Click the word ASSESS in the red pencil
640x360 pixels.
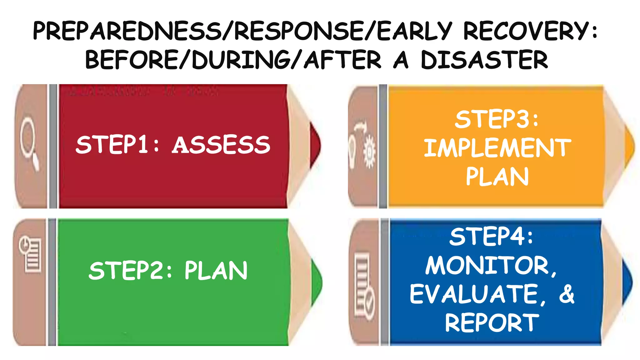click(x=221, y=145)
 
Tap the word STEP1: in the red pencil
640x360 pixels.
click(x=117, y=145)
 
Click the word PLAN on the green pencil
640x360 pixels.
click(x=216, y=271)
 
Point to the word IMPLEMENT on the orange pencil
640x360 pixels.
click(x=497, y=148)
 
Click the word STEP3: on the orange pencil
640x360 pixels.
click(x=497, y=119)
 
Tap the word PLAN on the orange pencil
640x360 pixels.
click(x=497, y=177)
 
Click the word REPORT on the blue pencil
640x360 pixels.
click(x=492, y=323)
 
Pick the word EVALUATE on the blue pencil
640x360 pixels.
click(x=474, y=294)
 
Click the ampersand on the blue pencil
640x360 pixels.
click(x=567, y=294)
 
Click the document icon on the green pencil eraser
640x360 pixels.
click(x=31, y=255)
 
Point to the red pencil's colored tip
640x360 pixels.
click(x=315, y=145)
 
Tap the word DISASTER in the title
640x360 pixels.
click(x=484, y=60)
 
